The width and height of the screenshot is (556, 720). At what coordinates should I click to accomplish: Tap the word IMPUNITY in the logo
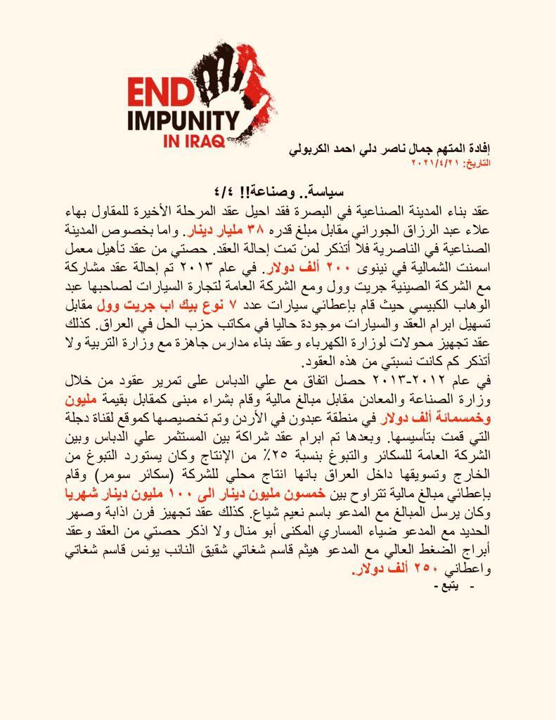tap(183, 117)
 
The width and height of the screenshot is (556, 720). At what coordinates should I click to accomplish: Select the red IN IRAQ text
tap(194, 139)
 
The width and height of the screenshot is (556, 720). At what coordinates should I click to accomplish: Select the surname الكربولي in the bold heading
tap(313, 149)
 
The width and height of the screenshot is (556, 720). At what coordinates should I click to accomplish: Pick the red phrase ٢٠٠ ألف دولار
tap(296, 268)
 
